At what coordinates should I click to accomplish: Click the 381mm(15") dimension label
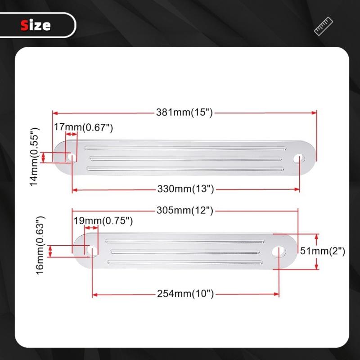tap(184, 113)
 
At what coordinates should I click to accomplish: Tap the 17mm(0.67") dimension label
tap(83, 128)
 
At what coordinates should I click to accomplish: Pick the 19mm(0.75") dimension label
tap(103, 221)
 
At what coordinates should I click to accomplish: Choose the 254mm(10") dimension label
tap(185, 295)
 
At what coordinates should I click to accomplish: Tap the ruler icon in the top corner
tap(323, 26)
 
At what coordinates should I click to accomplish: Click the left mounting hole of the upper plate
tap(72, 157)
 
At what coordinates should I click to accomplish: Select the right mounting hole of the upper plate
tap(299, 158)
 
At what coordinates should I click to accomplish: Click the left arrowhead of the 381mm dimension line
tap(54, 112)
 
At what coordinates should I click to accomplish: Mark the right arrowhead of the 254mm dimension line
tap(278, 295)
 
